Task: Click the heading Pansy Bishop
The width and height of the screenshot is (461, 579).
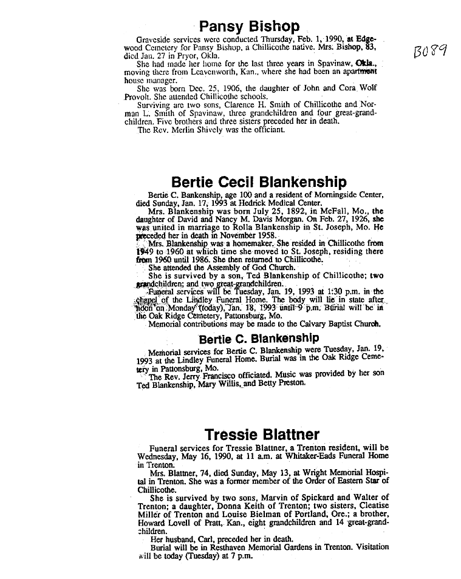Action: [x=250, y=26]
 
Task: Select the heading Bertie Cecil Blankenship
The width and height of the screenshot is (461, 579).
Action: [x=259, y=182]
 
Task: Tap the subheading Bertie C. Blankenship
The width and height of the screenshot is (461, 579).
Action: [x=258, y=337]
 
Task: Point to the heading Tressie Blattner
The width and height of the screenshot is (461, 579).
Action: [x=262, y=435]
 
